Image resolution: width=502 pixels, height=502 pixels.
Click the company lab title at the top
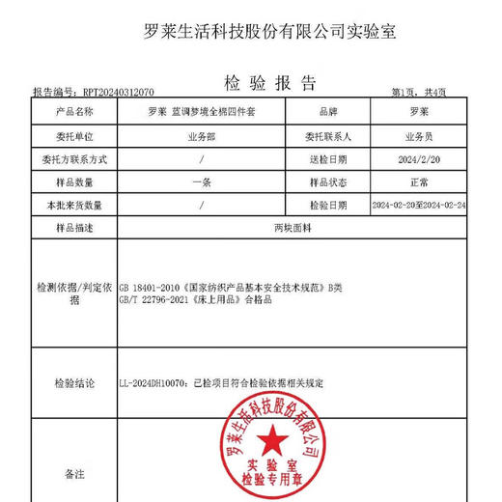click(256, 31)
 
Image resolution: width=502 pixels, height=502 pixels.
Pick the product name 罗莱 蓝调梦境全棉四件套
click(200, 110)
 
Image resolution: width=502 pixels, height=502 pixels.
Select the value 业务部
click(200, 134)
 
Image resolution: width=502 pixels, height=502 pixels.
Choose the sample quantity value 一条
click(200, 181)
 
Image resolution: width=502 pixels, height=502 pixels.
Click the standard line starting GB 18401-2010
click(231, 288)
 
